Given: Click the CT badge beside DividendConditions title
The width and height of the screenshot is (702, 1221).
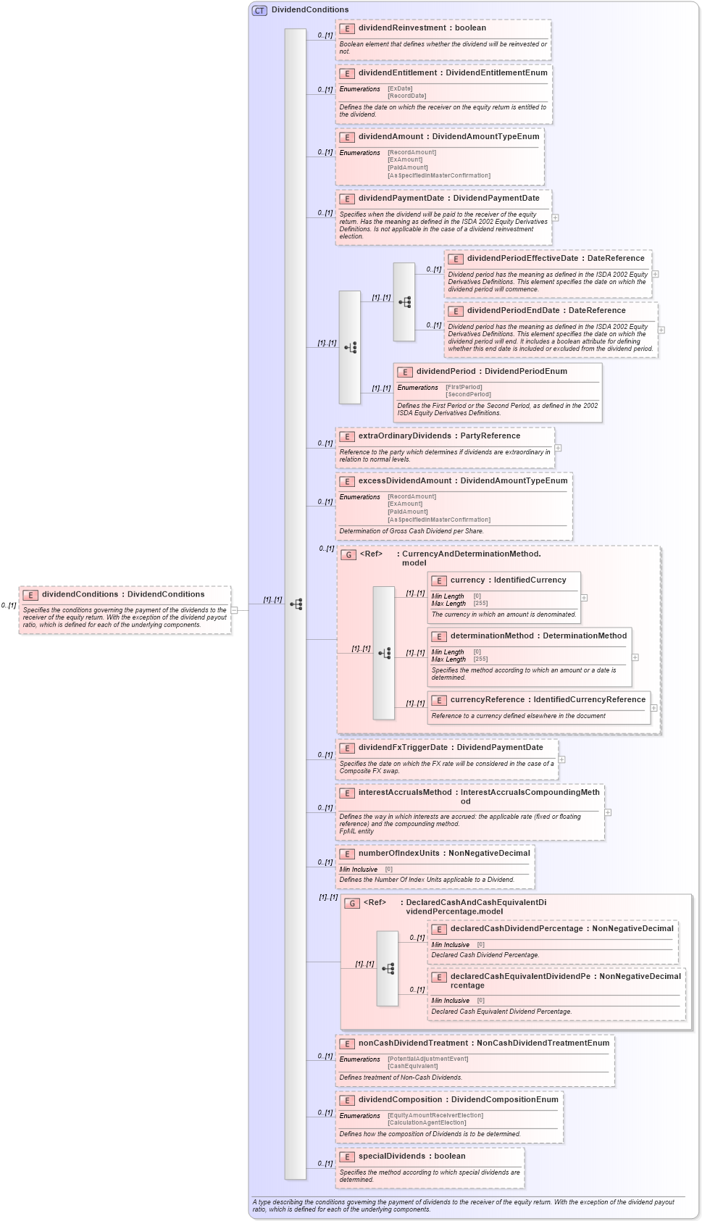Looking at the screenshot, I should click(x=259, y=10).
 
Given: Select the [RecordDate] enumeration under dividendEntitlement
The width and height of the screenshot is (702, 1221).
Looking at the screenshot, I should click(x=406, y=96).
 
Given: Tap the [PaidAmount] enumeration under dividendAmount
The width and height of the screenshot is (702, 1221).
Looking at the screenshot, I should click(x=407, y=167).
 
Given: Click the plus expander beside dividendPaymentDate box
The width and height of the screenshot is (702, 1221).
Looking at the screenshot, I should click(x=556, y=217).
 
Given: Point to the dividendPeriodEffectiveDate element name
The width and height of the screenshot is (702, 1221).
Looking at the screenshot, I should click(x=522, y=259).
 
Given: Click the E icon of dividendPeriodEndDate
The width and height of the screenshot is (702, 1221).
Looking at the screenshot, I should click(x=456, y=311).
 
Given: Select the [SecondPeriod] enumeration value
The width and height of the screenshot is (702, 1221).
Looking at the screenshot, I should click(x=468, y=394).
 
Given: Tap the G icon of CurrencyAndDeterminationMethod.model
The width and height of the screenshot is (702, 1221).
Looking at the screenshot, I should click(x=348, y=554).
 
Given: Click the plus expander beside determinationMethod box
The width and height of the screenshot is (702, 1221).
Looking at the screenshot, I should click(x=635, y=657).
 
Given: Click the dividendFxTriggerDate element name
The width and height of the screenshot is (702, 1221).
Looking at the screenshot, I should click(x=403, y=748).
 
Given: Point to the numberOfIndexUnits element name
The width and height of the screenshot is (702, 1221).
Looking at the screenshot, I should click(x=398, y=854).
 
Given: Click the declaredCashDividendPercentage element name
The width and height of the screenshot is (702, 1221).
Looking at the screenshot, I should click(x=517, y=929).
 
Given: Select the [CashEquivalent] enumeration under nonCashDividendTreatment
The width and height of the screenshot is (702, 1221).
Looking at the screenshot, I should click(x=412, y=1066).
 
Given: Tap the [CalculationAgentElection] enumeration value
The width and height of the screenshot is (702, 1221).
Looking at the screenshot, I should click(x=427, y=1122).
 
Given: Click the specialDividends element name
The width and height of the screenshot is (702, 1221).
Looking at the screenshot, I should click(x=391, y=1157).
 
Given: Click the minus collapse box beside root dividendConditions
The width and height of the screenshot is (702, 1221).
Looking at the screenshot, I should click(x=234, y=610).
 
